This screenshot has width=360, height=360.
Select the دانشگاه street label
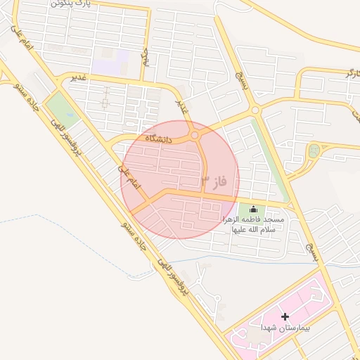click(158, 139)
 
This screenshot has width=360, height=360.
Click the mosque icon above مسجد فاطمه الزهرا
click(253, 210)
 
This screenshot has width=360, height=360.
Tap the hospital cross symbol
click(285, 317)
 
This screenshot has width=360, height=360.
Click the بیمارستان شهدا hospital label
click(285, 328)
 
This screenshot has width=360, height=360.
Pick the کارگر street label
click(349, 74)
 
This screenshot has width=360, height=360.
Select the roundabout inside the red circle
click(195, 135)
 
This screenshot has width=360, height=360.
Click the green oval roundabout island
click(314, 150)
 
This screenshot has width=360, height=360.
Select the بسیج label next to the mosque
click(311, 250)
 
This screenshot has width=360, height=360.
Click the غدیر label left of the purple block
click(78, 77)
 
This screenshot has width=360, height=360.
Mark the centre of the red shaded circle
click(180, 180)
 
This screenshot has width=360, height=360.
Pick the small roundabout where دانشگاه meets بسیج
click(255, 110)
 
